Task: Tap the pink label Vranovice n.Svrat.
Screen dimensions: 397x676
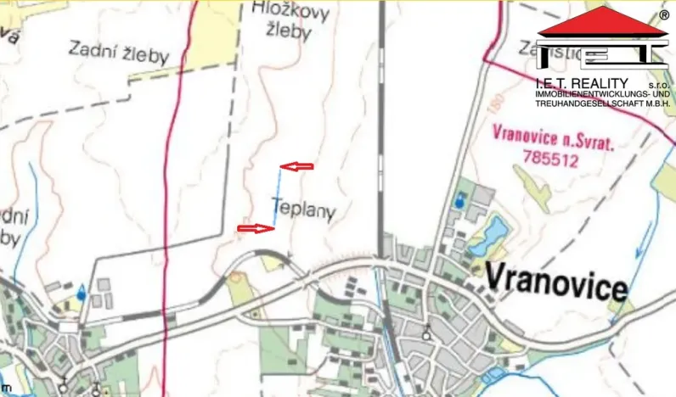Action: [x=553, y=137]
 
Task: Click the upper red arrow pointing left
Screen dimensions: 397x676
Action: [x=296, y=166]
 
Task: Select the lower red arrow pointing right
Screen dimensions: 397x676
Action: [x=254, y=228]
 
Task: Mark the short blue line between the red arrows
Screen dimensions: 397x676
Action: [x=277, y=197]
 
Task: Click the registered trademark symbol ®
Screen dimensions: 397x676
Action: [x=663, y=14]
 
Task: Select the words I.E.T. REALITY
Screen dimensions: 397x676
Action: [x=583, y=83]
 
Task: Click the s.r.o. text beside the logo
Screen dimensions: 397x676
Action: [x=658, y=87]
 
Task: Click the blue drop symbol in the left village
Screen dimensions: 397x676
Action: [x=81, y=293]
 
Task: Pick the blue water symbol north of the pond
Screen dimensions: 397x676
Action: [x=459, y=201]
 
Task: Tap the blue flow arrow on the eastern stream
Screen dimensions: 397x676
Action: [x=641, y=247]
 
